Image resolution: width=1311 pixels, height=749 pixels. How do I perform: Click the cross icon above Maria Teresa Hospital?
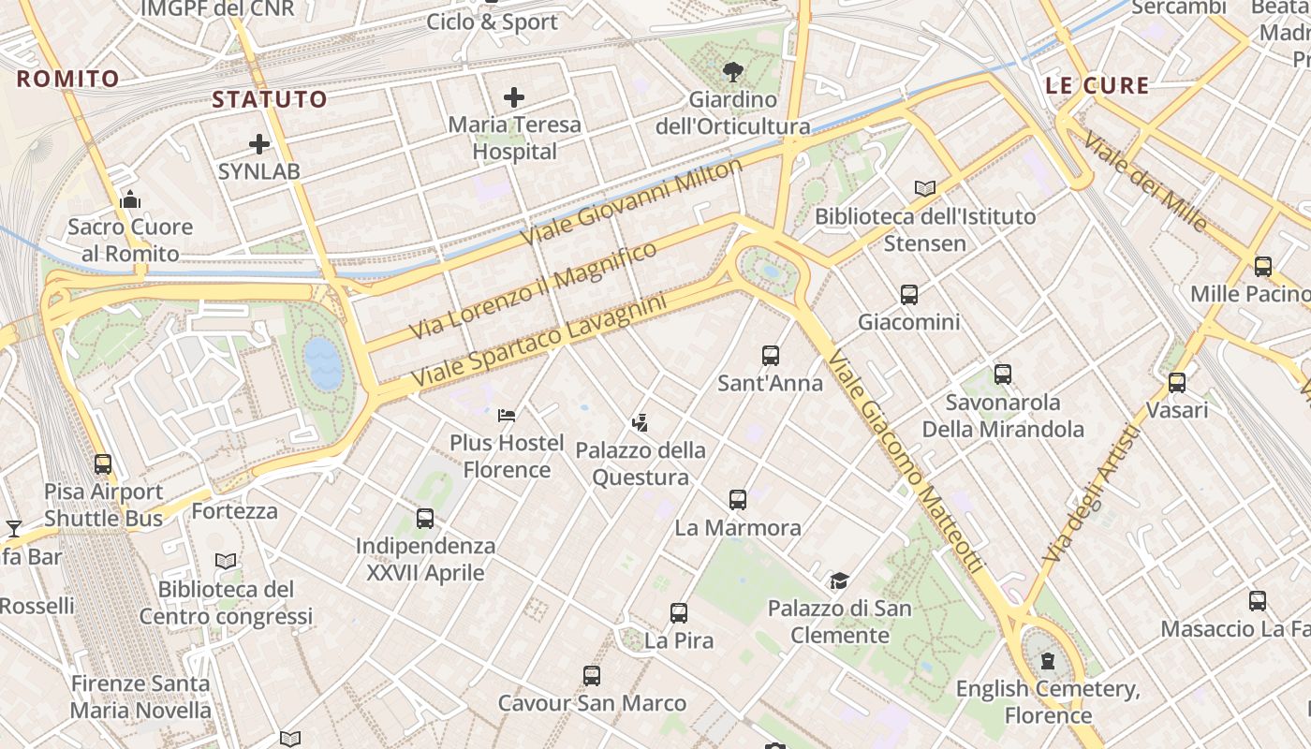513,96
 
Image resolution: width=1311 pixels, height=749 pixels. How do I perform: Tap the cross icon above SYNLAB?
259,144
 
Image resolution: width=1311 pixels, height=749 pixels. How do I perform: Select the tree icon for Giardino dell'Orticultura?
733,71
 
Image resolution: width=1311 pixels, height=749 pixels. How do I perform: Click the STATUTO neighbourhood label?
270,99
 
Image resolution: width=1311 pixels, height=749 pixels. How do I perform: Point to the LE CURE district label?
1097,85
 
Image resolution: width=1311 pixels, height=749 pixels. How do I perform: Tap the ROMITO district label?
68,79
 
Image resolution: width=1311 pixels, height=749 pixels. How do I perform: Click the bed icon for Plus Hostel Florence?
507,415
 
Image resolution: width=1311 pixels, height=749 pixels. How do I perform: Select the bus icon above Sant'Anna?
771,356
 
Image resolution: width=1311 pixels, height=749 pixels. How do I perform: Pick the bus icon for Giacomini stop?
908,295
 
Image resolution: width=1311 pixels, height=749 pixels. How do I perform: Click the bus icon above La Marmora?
738,500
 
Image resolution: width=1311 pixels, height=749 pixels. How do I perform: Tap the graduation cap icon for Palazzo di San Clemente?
839,581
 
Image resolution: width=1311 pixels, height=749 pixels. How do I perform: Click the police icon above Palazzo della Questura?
640,423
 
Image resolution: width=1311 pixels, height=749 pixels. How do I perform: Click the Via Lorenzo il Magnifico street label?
534,290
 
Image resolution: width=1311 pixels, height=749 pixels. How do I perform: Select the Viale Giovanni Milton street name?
631,202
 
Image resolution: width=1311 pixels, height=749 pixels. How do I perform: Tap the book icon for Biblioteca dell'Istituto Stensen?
925,188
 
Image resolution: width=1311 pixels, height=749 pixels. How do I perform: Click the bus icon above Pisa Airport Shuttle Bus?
103,463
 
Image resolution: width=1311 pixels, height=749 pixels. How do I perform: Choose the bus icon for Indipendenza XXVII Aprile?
425,518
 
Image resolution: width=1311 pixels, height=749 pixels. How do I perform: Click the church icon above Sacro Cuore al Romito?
130,199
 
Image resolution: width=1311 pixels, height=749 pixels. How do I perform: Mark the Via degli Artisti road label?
1092,493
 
